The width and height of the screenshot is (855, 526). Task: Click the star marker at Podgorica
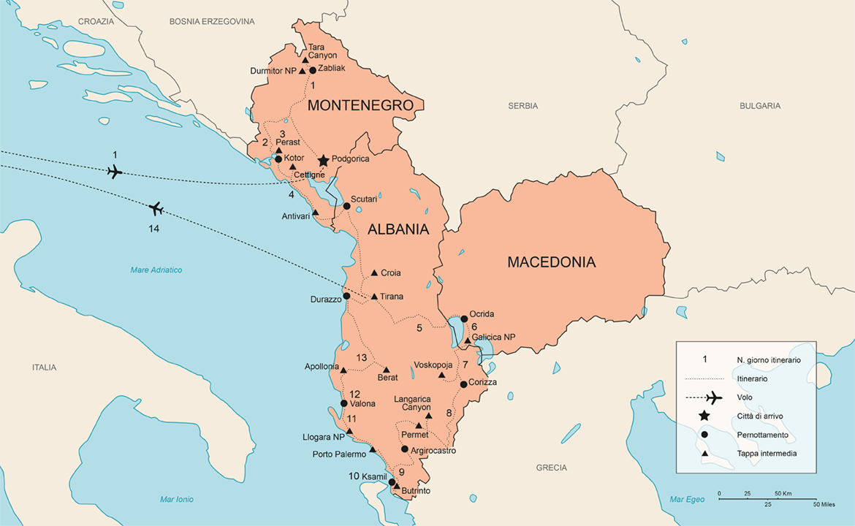coord(323,161)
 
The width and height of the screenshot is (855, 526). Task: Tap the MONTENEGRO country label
coord(360,105)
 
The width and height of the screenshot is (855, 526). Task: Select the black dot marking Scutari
coord(346,206)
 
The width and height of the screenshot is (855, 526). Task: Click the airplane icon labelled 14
coord(156,210)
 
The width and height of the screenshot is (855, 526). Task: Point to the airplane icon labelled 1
coord(114,171)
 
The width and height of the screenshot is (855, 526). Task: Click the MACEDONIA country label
coord(551,262)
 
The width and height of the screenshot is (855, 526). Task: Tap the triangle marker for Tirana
coord(374,297)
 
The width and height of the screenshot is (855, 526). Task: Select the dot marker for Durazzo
coord(346,296)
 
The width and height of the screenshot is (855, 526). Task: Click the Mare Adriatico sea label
coord(156,270)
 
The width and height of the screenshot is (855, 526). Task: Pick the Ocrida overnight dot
coord(464,319)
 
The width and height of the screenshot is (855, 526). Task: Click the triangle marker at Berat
coord(387,370)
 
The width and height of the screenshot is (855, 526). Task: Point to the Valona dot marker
coord(344,403)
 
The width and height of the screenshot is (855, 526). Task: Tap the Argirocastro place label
coord(433,451)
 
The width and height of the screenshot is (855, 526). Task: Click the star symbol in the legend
coord(704,416)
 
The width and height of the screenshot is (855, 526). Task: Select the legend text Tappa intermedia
coord(767,453)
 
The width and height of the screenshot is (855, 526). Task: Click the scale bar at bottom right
coord(767,495)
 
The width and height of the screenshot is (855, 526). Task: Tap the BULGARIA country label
coord(760,106)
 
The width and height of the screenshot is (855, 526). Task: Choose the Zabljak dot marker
coord(313,70)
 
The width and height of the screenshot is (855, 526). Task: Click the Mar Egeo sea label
coord(687,500)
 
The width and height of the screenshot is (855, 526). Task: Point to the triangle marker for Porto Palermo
coord(372,449)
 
